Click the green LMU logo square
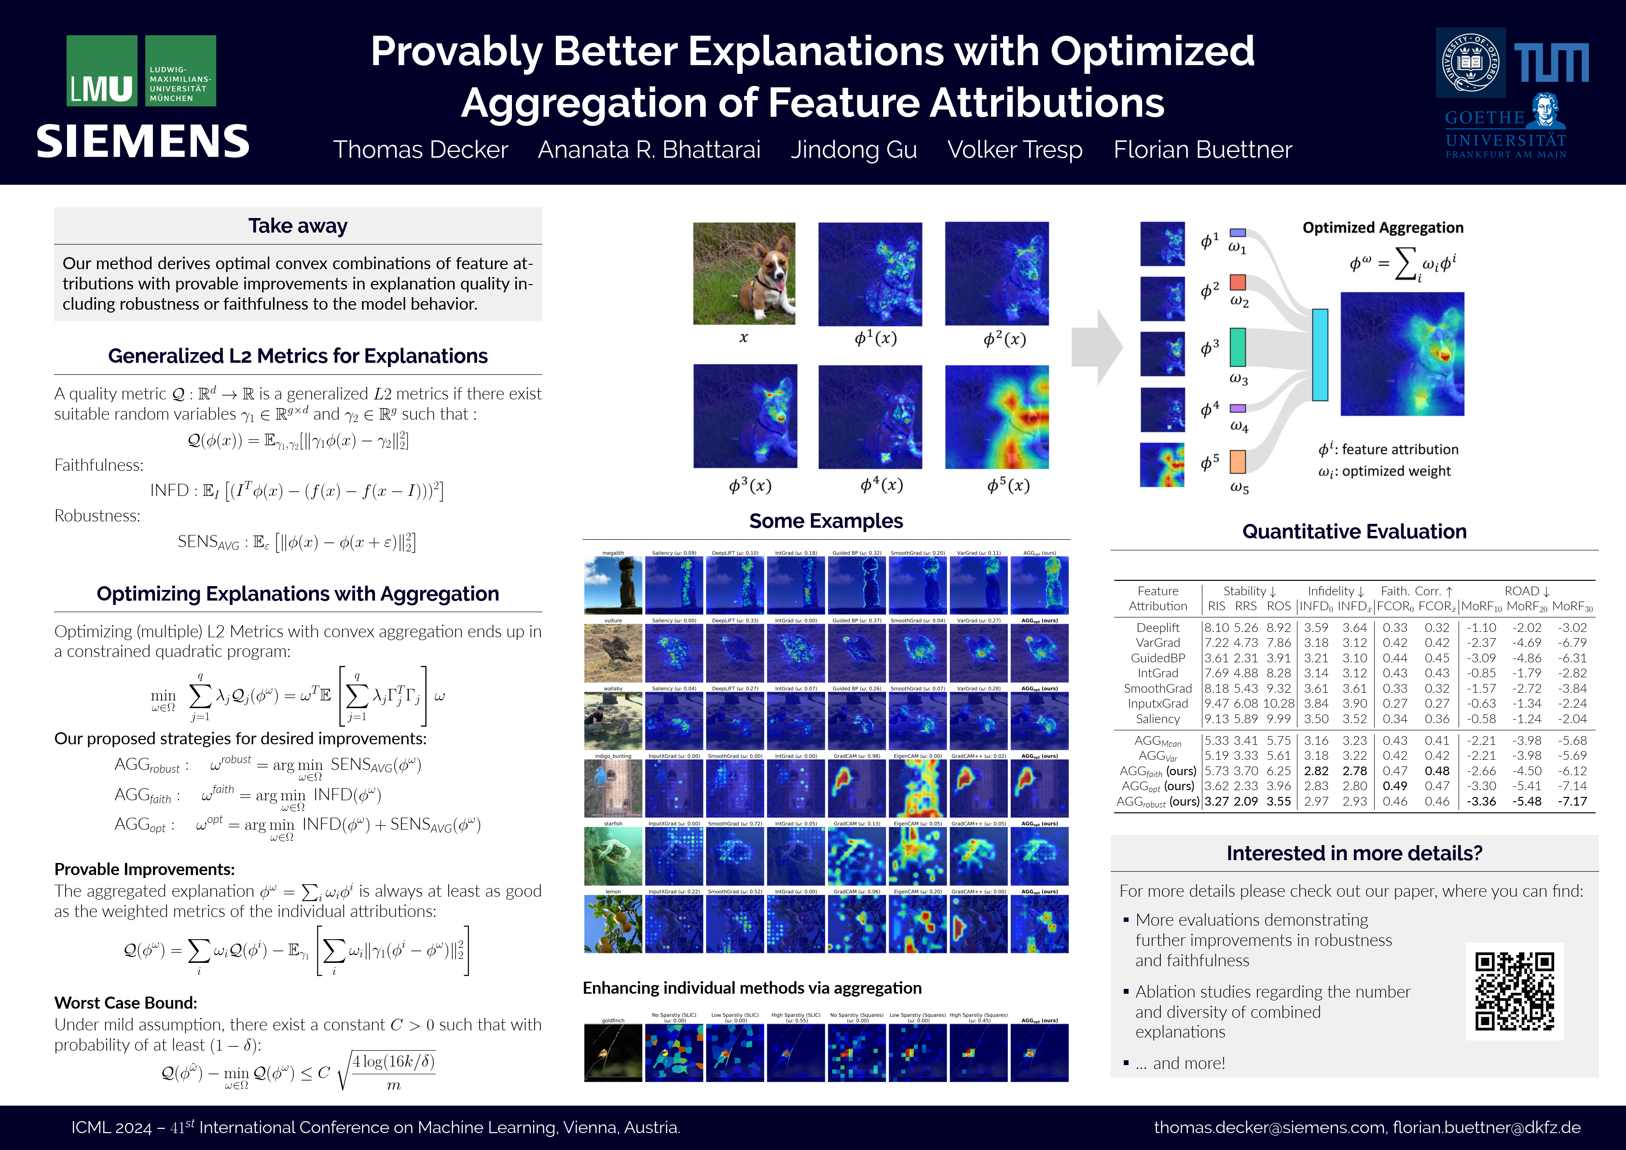click(x=102, y=71)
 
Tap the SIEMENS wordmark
click(x=143, y=142)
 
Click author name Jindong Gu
click(x=854, y=150)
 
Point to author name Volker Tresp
click(x=1014, y=150)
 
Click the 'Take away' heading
click(x=297, y=226)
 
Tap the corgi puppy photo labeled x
click(x=744, y=274)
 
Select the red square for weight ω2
click(x=1237, y=283)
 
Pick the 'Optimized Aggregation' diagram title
click(x=1382, y=227)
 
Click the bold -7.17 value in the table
click(x=1571, y=802)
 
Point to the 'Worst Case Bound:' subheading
click(x=126, y=1003)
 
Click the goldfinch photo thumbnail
click(x=613, y=1053)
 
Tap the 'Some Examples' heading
click(x=826, y=521)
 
